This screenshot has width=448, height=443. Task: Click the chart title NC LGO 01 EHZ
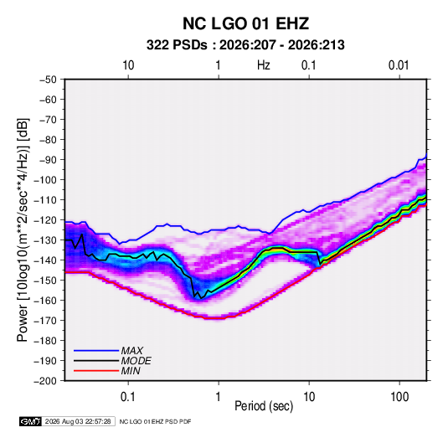coord(245,23)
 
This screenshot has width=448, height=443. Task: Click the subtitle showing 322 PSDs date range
coord(245,45)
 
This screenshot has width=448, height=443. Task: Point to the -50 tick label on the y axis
coord(48,80)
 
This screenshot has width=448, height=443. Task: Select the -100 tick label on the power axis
coord(45,180)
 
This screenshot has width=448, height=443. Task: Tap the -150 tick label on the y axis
coord(45,281)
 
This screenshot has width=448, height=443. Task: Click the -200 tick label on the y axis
coord(45,381)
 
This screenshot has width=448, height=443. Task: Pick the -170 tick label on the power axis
coord(45,321)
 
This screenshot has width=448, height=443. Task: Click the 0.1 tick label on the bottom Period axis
coord(128,397)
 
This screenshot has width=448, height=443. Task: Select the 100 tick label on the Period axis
coord(399,397)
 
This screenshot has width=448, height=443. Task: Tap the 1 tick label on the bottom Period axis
coord(219,397)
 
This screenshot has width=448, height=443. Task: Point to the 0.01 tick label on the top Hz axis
coord(399,65)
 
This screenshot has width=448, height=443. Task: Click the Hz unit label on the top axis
coord(264,65)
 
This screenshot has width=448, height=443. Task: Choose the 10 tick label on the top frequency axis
coord(128,65)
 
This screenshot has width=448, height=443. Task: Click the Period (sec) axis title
coord(264,406)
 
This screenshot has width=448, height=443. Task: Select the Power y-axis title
coord(23,229)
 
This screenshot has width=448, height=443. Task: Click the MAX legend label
coord(131,351)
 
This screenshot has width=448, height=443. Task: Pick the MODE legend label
coord(136,361)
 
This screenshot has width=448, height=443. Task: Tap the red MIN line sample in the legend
coord(96,371)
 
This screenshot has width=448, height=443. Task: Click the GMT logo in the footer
coord(31,421)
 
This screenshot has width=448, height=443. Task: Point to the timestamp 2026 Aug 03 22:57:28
coord(78,421)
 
